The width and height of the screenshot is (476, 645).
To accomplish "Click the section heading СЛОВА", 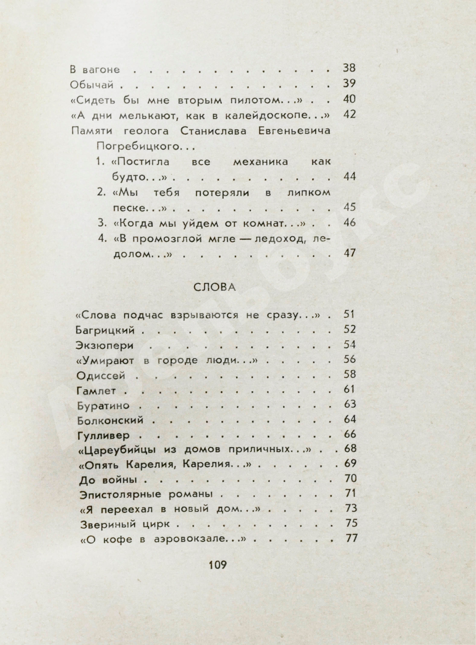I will [x=214, y=287].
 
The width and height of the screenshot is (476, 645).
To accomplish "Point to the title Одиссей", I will [x=101, y=376].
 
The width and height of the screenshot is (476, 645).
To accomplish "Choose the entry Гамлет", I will [x=96, y=391].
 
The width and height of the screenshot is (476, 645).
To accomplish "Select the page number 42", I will [x=349, y=114].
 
